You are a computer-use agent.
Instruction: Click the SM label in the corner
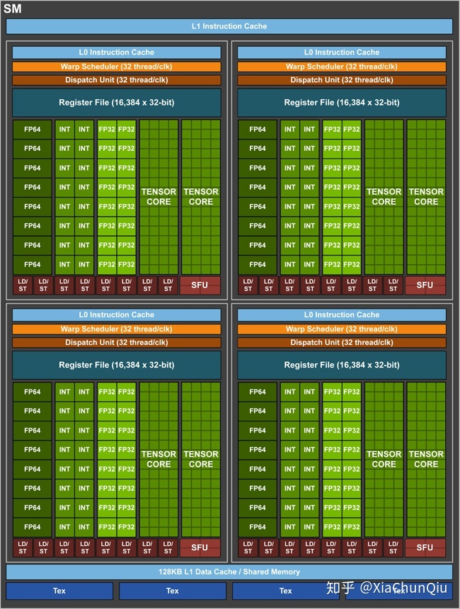pos(13,8)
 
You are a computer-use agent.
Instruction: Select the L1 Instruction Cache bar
pos(229,26)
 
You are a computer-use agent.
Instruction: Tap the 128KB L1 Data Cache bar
pos(229,571)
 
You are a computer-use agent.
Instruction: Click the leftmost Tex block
pos(59,591)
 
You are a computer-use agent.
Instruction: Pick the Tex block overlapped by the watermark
pos(399,591)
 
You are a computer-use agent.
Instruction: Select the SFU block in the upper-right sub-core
pos(425,285)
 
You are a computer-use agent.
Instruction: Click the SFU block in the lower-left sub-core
pos(200,547)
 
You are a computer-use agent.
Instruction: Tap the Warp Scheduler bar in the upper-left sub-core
pos(117,67)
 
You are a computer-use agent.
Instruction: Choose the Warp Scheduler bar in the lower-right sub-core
pos(342,329)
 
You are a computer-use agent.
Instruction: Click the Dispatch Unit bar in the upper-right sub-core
pos(342,80)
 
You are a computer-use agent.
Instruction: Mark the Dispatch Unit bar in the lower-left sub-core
pos(117,343)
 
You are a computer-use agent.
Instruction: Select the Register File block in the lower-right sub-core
pos(342,365)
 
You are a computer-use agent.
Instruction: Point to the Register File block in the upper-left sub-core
pos(117,103)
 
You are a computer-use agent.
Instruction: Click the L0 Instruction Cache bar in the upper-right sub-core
pos(342,52)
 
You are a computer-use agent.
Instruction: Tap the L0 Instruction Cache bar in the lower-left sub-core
pos(117,315)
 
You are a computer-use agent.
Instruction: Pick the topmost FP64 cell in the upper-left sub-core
pos(33,130)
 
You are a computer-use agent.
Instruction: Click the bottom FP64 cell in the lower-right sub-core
pos(258,527)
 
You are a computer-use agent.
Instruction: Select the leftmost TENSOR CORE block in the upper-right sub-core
pos(384,197)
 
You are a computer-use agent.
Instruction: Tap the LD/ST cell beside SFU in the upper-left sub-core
pos(168,285)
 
